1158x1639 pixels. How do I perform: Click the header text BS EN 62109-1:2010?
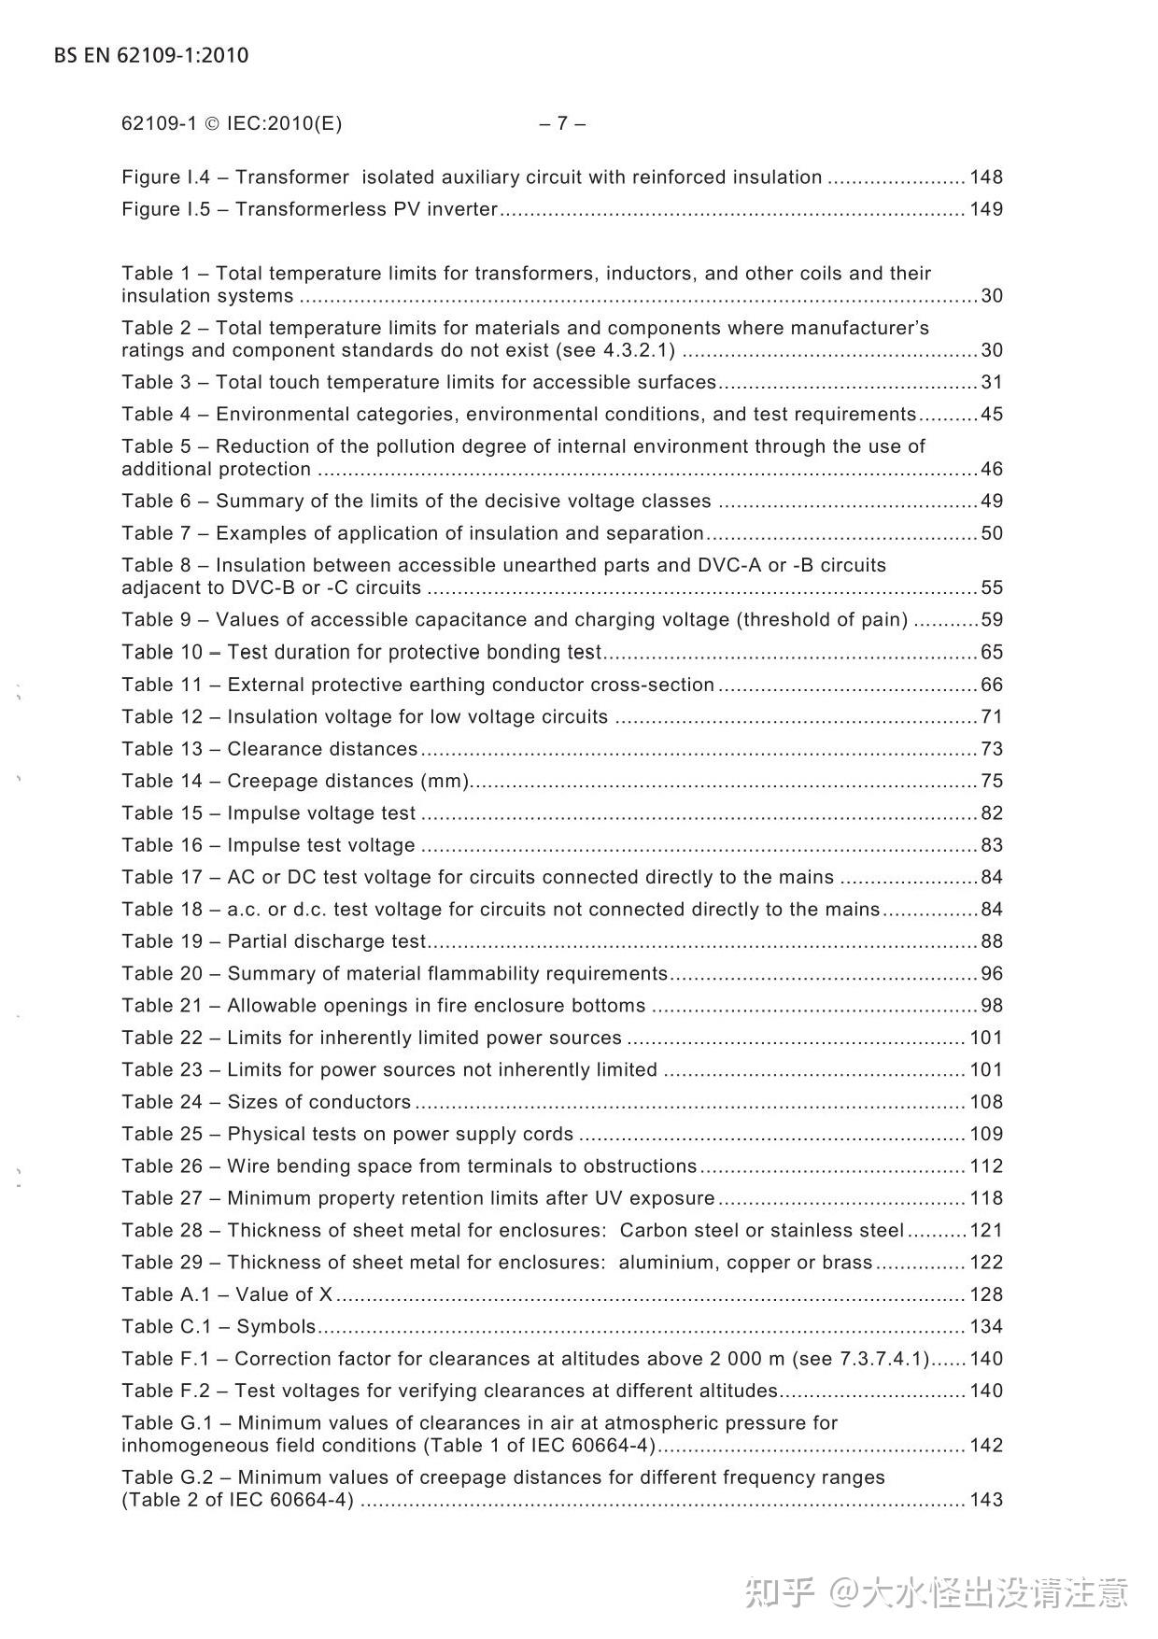click(151, 55)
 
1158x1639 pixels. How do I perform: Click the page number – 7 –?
click(562, 123)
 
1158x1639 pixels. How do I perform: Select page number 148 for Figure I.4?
click(986, 177)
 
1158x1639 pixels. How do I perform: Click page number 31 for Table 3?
click(992, 383)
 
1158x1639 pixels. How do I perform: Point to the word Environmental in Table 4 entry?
click(275, 415)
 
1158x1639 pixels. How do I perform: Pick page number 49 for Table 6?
click(992, 502)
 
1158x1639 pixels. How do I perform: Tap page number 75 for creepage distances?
click(992, 782)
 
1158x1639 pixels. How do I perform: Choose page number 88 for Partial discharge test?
click(992, 941)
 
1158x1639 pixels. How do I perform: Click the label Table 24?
click(162, 1102)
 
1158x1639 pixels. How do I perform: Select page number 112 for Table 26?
click(986, 1166)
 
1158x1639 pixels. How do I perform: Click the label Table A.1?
click(165, 1294)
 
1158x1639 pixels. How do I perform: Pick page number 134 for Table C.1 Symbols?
click(986, 1327)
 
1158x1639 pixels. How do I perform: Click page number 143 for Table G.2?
click(986, 1500)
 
